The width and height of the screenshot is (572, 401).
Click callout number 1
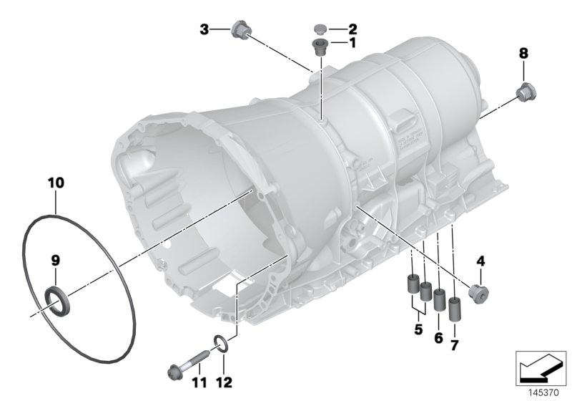352,43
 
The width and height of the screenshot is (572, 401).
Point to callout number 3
204,29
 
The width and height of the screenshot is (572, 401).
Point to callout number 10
56,183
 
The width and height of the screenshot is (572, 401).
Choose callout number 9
56,261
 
